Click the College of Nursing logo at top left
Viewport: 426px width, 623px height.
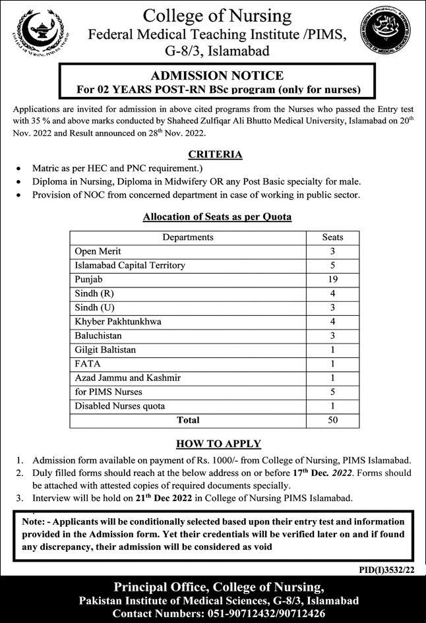39,32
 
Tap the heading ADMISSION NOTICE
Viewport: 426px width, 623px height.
217,76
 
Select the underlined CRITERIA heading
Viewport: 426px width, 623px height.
215,154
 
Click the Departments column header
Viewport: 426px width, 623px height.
187,237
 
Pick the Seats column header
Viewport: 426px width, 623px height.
332,237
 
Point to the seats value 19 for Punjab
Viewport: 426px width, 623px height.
332,279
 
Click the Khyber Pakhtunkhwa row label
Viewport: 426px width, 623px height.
118,321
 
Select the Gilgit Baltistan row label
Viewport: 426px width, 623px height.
105,349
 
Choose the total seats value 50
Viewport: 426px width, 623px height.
332,419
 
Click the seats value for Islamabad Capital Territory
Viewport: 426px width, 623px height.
332,265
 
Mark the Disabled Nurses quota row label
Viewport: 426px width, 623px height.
119,405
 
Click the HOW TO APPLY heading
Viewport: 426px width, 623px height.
218,444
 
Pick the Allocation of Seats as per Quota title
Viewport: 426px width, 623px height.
217,216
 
